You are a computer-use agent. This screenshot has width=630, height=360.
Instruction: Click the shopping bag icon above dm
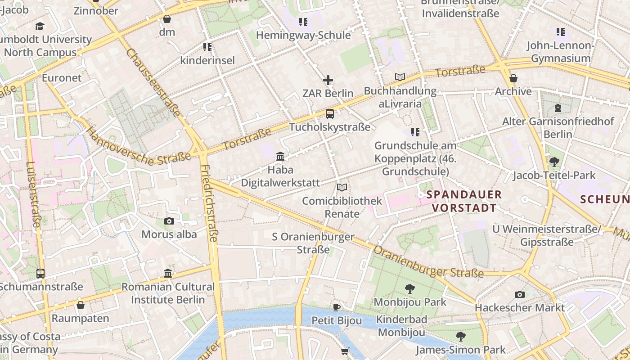pyautogui.click(x=167, y=19)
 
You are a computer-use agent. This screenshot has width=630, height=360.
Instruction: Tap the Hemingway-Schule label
pyautogui.click(x=303, y=35)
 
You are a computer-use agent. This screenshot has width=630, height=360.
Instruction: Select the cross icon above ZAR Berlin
pyautogui.click(x=328, y=81)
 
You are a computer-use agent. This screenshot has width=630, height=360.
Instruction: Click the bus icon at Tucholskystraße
pyautogui.click(x=330, y=114)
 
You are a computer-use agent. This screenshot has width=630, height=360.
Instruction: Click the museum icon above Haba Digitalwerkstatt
pyautogui.click(x=280, y=157)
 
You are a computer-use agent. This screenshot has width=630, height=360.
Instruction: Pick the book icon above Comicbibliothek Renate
pyautogui.click(x=342, y=188)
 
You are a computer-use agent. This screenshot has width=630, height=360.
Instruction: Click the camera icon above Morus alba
pyautogui.click(x=169, y=221)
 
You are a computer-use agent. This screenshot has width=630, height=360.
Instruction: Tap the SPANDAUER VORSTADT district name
pyautogui.click(x=463, y=201)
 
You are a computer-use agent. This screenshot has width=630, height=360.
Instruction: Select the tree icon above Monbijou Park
pyautogui.click(x=409, y=288)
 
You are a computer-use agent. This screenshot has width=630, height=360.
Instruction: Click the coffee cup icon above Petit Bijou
pyautogui.click(x=336, y=308)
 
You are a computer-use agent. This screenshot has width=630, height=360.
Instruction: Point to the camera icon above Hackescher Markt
pyautogui.click(x=520, y=295)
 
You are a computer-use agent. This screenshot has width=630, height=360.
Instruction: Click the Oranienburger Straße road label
pyautogui.click(x=428, y=263)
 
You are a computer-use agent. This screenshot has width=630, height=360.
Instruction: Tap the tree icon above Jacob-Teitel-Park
pyautogui.click(x=554, y=162)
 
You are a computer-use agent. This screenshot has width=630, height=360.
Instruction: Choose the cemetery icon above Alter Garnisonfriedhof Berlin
pyautogui.click(x=558, y=108)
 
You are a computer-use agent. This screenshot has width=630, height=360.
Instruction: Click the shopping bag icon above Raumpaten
pyautogui.click(x=81, y=305)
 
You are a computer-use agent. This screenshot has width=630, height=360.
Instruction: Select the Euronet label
pyautogui.click(x=62, y=78)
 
